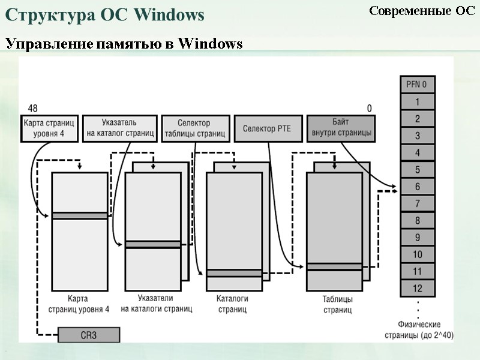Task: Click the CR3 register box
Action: pos(89,335)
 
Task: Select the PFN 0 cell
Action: pos(417,85)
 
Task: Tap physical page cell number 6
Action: pos(417,187)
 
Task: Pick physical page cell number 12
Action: pos(417,289)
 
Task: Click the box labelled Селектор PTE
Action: pos(267,128)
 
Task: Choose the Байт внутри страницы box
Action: pos(341,128)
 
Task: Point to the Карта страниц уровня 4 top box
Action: pos(50,128)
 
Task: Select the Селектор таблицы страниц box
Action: pos(195,128)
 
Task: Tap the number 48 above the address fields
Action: pos(33,108)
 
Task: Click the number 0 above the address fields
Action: pos(370,108)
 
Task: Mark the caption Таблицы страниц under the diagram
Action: pos(338,304)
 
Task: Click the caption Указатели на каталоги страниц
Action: pos(156,304)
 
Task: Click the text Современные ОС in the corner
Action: pos(421,11)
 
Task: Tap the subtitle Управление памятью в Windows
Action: pos(124,44)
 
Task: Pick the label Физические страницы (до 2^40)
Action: pos(418,329)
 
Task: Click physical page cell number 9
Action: pos(417,238)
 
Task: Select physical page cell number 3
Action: pos(417,136)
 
